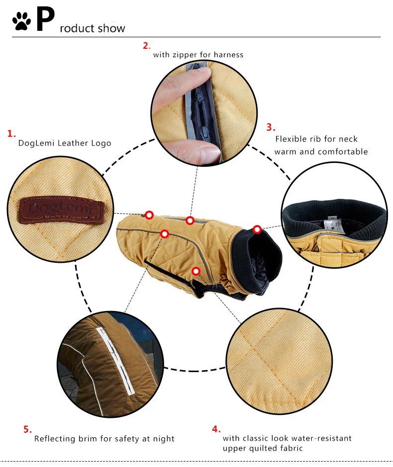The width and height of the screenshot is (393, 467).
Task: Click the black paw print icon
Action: (x=21, y=21)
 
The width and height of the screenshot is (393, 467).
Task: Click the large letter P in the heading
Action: (x=45, y=19)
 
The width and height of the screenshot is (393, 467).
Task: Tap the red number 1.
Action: (x=11, y=134)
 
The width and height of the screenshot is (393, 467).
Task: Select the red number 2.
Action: (x=146, y=46)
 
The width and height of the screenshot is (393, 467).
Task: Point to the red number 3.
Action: (x=271, y=127)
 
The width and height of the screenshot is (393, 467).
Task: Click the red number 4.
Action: (x=216, y=429)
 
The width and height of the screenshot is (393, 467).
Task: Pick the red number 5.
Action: (x=27, y=429)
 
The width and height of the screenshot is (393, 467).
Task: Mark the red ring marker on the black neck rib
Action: (x=257, y=230)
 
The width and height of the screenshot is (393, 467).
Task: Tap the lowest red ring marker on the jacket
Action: (x=196, y=271)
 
